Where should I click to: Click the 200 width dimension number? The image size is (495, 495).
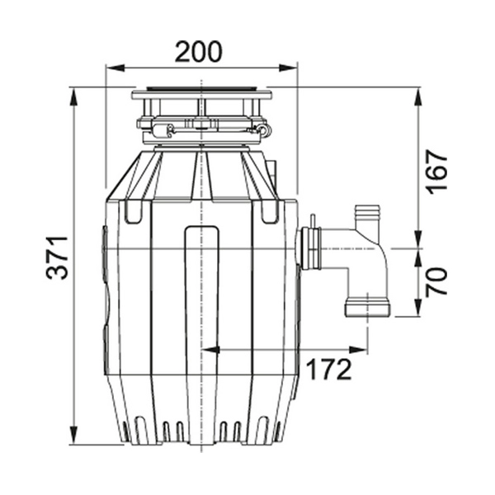tap(198, 51)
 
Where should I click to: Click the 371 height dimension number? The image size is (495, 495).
tap(57, 257)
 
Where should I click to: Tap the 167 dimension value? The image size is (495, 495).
tap(436, 172)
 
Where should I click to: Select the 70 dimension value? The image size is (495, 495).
tap(436, 282)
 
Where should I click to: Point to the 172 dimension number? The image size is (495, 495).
tap(328, 370)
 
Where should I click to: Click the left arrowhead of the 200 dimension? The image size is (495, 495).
tap(115, 68)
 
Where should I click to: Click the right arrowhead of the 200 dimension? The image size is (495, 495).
tap(288, 68)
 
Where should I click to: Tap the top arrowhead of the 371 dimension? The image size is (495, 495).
tap(73, 97)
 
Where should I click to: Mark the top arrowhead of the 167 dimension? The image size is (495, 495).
tap(418, 97)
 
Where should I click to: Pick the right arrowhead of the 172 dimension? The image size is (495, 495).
tap(358, 350)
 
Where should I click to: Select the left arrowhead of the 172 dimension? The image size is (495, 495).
tap(210, 350)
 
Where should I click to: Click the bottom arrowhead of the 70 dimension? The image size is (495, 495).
tap(418, 308)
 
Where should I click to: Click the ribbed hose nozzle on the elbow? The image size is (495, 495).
tap(367, 218)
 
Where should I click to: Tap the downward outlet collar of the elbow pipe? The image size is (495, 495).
tap(367, 307)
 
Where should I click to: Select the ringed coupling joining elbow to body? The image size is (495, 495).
tap(311, 248)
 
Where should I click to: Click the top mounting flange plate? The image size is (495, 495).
tap(202, 95)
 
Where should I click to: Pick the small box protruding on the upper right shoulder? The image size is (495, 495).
tap(271, 173)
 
